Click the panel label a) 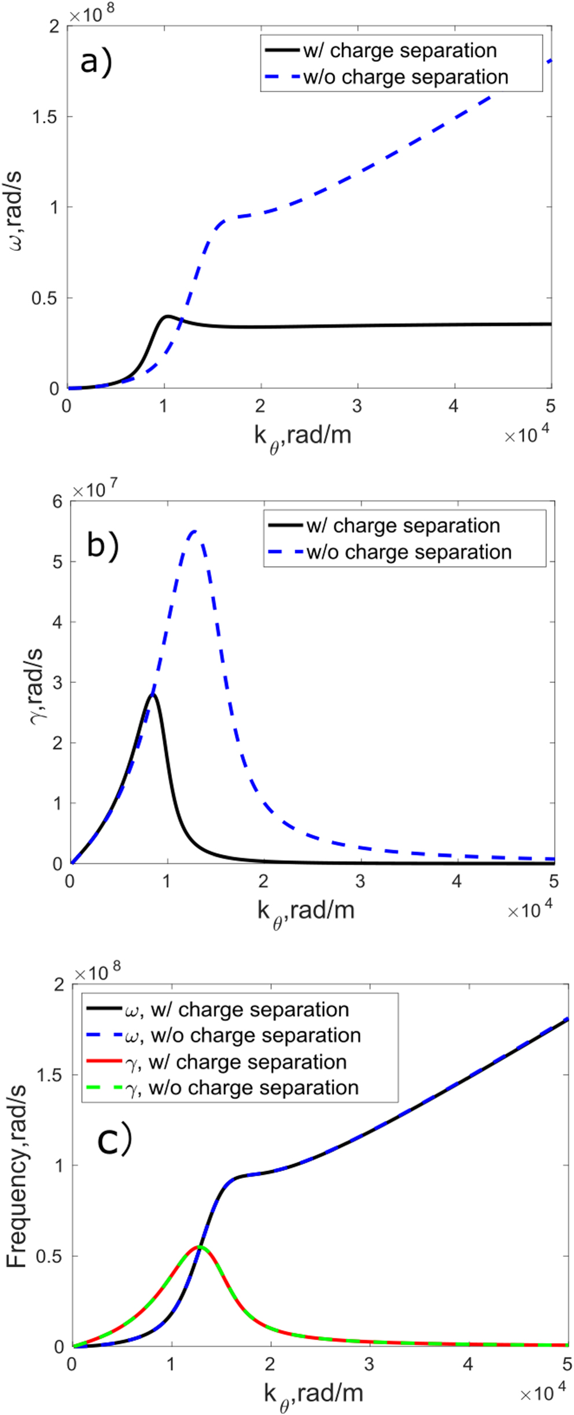(x=95, y=61)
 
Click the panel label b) (x=102, y=544)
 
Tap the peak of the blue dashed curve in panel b (x=194, y=531)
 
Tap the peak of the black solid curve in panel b (x=153, y=694)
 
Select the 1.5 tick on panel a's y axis (x=45, y=117)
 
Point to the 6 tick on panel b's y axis (x=57, y=502)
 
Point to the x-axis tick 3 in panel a (x=357, y=406)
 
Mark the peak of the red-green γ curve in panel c (x=200, y=1246)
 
